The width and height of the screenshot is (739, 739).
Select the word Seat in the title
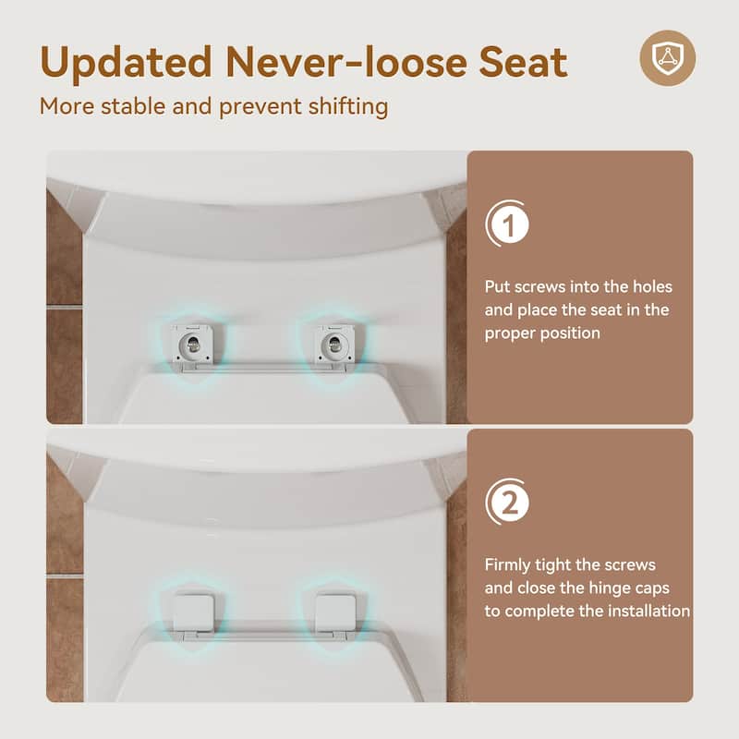pyautogui.click(x=523, y=63)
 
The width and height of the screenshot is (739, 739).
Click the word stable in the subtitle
pyautogui.click(x=136, y=106)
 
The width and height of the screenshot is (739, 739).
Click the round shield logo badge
pyautogui.click(x=667, y=58)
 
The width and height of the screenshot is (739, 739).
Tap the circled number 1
pyautogui.click(x=507, y=224)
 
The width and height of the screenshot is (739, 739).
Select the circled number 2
pyautogui.click(x=507, y=503)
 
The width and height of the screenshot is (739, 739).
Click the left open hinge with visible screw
pyautogui.click(x=191, y=345)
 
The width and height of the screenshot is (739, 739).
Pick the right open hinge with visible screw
pyautogui.click(x=333, y=345)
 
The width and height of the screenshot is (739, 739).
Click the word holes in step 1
pyautogui.click(x=650, y=286)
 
